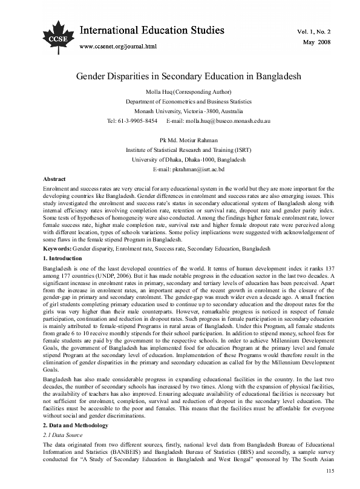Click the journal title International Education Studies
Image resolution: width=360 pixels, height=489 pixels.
(x=152, y=30)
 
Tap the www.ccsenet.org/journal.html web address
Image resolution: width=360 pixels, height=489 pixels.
(x=119, y=46)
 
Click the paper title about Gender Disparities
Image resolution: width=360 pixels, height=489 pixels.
(x=180, y=77)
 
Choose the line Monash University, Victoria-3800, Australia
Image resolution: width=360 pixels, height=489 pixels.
(x=180, y=111)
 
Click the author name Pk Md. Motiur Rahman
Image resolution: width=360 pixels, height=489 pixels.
(x=180, y=140)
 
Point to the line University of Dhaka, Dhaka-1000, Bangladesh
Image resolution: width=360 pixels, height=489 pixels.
(x=180, y=160)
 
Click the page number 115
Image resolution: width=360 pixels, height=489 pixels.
(x=329, y=471)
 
